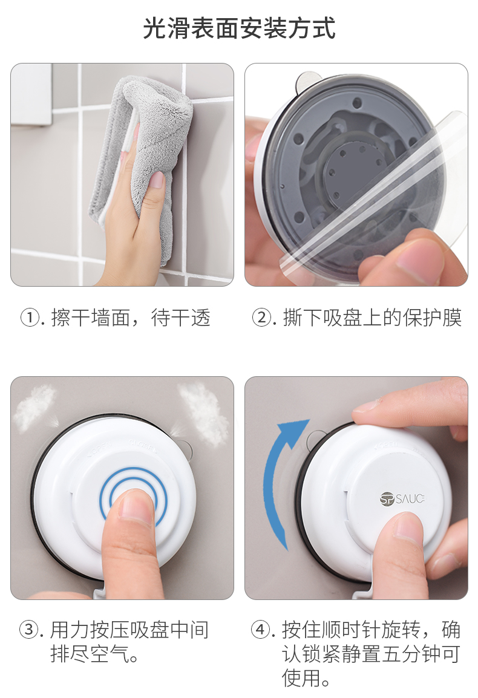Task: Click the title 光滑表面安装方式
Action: pyautogui.click(x=239, y=28)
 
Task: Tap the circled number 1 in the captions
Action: pyautogui.click(x=30, y=318)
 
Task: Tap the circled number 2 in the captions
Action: pyautogui.click(x=262, y=318)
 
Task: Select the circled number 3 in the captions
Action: pyautogui.click(x=30, y=630)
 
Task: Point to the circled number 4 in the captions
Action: pyautogui.click(x=261, y=630)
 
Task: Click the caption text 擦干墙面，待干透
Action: pyautogui.click(x=131, y=318)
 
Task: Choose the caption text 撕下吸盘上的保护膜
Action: pyautogui.click(x=373, y=318)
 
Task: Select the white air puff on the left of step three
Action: pyautogui.click(x=34, y=407)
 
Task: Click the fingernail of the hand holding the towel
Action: pyautogui.click(x=157, y=180)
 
